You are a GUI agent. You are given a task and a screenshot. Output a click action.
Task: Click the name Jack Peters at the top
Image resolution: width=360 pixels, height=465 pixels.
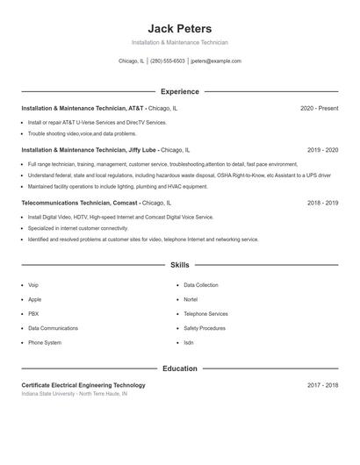(180, 28)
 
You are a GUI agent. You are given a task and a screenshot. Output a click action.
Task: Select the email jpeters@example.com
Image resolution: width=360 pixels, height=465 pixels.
(215, 61)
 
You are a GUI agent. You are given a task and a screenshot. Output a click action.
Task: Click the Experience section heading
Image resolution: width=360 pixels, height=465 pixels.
(180, 91)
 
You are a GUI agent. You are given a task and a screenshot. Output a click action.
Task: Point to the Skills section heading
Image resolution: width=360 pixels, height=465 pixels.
(180, 264)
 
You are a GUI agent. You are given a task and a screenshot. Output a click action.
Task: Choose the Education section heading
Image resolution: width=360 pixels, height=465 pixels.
(180, 368)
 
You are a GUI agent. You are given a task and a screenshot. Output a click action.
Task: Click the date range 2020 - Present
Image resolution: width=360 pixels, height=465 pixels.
(319, 108)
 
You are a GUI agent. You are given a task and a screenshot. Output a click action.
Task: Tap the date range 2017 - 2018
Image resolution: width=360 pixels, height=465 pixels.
(323, 385)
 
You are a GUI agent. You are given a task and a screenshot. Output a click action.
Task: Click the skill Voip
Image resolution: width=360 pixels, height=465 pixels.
(33, 285)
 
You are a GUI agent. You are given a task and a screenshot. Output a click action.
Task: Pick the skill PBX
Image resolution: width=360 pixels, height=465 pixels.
(33, 313)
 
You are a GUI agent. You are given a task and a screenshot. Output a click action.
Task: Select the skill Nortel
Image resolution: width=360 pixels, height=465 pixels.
(191, 299)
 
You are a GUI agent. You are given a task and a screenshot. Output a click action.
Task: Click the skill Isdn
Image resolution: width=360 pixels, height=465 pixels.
(189, 342)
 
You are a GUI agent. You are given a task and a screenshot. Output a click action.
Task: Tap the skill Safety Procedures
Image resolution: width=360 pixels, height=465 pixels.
(205, 328)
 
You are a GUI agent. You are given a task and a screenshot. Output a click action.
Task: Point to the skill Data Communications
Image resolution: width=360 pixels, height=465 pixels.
(53, 328)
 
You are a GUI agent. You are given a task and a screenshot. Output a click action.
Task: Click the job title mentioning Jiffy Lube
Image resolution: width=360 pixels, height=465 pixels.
(105, 150)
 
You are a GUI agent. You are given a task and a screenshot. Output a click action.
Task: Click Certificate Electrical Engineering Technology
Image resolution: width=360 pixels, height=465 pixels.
(83, 385)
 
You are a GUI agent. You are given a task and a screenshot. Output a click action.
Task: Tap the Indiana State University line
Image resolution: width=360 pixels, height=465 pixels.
(75, 394)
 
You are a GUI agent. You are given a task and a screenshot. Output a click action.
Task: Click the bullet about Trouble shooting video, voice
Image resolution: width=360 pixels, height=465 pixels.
(82, 134)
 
